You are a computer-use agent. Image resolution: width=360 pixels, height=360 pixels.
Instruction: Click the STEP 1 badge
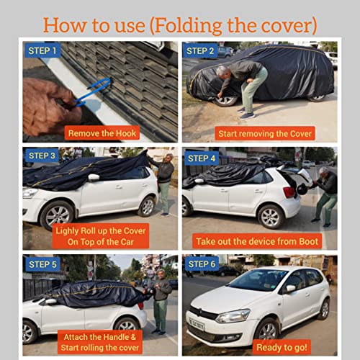click(x=42, y=50)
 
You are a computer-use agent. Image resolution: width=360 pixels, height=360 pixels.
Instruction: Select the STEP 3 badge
click(x=42, y=156)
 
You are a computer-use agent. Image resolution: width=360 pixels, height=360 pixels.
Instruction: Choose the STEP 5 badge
click(x=42, y=264)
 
